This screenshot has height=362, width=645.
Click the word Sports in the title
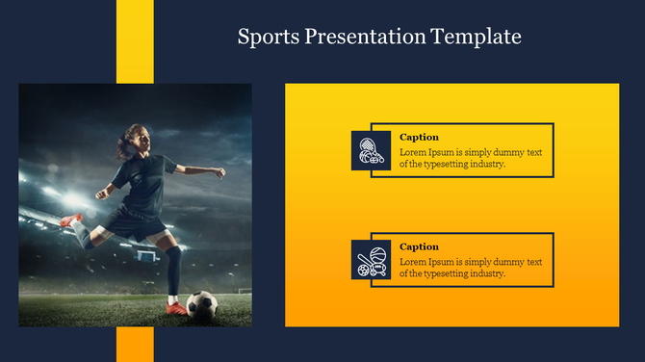268,38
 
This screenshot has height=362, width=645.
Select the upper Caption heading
419,138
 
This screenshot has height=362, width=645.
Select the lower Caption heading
419,247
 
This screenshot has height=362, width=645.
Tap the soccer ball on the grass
201,305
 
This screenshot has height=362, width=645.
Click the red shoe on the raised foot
70,221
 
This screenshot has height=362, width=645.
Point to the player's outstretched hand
220,173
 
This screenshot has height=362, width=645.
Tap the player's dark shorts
135,223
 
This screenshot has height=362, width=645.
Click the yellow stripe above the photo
135,41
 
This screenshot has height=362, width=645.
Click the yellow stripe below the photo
135,344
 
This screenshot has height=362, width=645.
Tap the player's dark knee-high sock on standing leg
173,272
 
